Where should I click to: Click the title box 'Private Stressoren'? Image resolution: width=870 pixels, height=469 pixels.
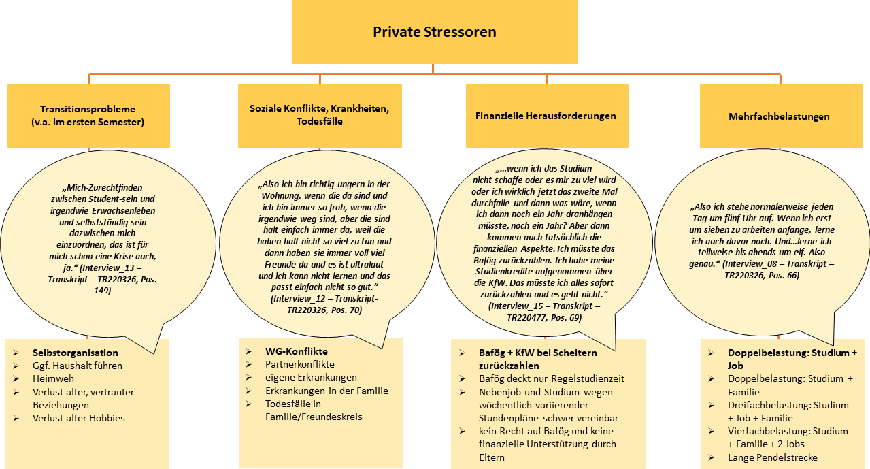[434, 32]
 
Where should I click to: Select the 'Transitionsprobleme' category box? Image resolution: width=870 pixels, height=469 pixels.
[88, 115]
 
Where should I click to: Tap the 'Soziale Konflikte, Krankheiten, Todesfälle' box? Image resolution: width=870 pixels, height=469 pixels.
[319, 115]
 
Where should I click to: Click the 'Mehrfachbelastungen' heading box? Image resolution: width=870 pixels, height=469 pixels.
[778, 116]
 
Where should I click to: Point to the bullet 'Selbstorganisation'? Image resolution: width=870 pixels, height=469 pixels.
[75, 353]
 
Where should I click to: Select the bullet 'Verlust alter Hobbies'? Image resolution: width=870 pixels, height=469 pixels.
[78, 418]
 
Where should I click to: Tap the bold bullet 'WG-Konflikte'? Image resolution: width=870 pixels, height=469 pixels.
[296, 351]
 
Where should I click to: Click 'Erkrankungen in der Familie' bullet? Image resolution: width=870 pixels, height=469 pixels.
[327, 390]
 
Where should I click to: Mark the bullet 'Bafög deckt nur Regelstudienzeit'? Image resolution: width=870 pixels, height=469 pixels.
[551, 378]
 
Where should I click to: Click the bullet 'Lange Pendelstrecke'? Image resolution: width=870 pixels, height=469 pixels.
[772, 457]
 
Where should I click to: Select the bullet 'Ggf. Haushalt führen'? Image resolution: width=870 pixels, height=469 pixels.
[77, 366]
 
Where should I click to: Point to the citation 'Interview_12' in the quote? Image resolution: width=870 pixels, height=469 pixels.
[302, 298]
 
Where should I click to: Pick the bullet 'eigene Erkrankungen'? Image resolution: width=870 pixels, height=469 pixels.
[310, 377]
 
